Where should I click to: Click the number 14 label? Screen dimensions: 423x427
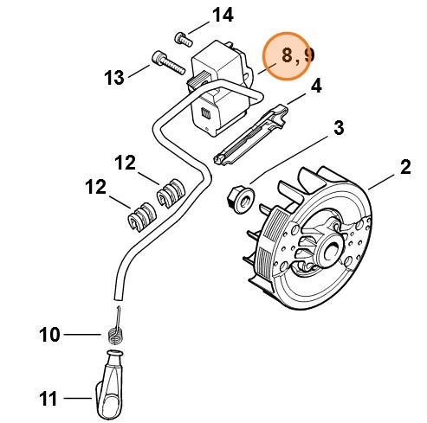223,15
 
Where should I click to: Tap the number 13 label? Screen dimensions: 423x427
115,78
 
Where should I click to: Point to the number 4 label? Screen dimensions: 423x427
316,86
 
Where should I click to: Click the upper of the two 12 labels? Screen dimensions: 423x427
126,162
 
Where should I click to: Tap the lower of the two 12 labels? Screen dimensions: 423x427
96,187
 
